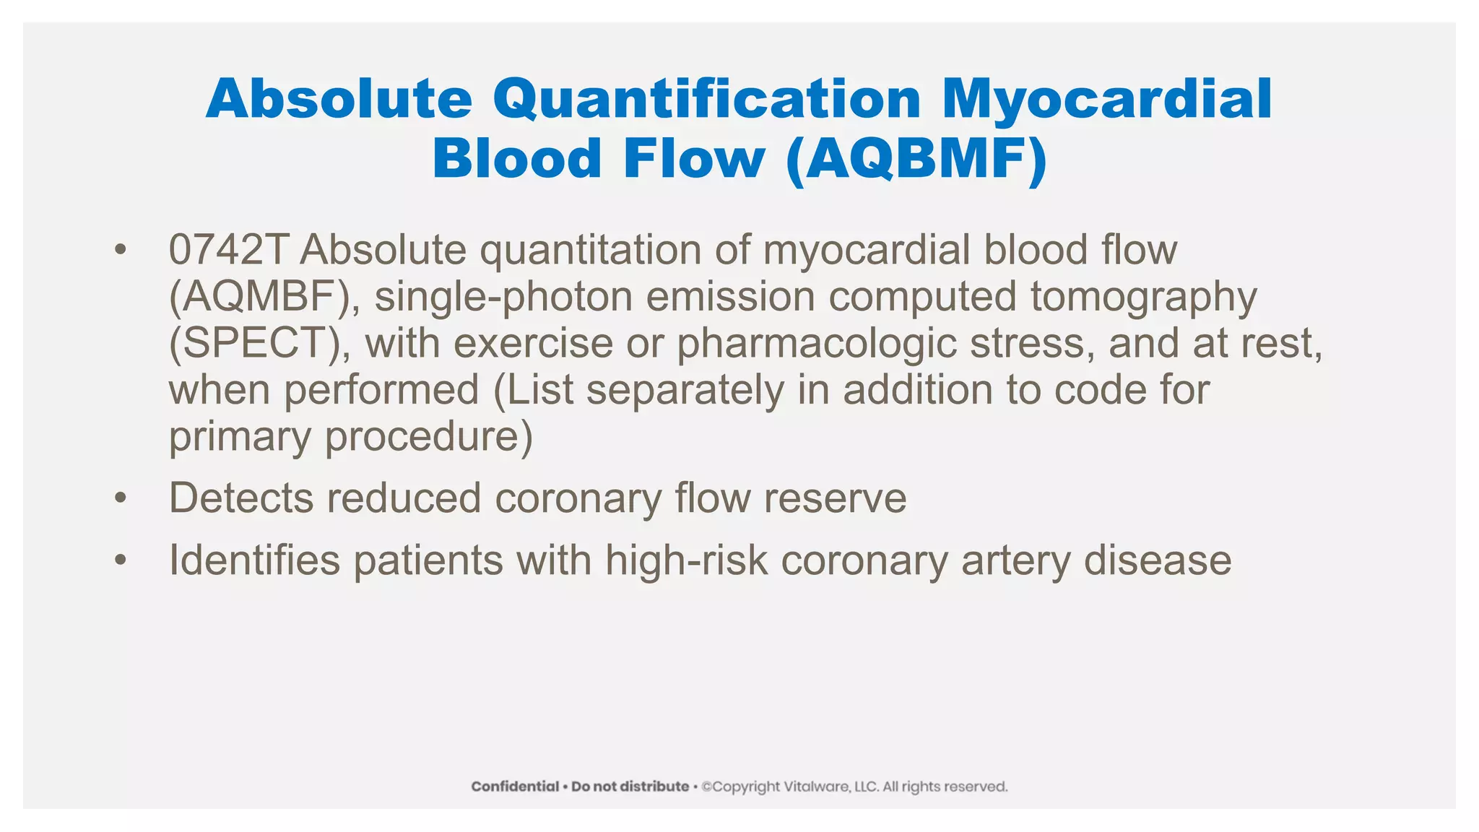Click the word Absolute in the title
339,99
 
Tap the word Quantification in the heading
707,99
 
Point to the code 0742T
228,250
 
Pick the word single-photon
503,297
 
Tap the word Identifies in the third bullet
254,560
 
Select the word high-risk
686,560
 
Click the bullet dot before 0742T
120,251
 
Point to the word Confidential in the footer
515,786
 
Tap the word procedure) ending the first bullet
429,437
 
